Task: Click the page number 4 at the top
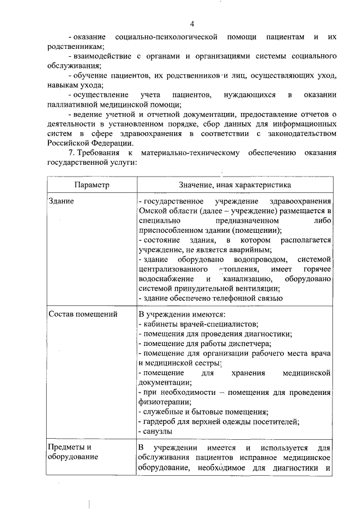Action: click(x=192, y=24)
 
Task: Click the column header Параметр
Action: click(x=91, y=184)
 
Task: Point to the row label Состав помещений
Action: click(x=82, y=313)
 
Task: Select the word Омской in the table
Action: click(x=151, y=210)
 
